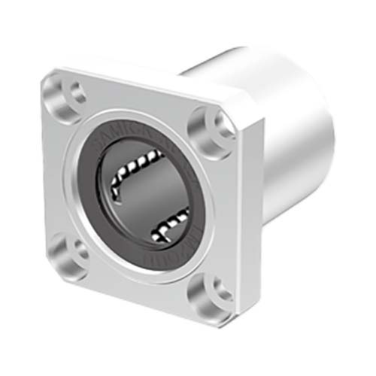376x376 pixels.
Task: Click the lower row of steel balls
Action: (x=169, y=224)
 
